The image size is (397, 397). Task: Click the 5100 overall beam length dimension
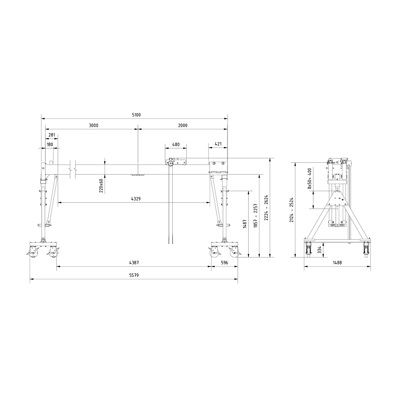tap(136, 115)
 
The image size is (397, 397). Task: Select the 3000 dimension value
tap(94, 125)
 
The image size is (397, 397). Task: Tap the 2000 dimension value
tap(182, 125)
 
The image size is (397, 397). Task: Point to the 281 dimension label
tap(52, 135)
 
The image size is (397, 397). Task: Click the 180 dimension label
tap(50, 145)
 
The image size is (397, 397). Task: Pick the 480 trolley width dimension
tap(176, 145)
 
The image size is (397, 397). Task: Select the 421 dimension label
tap(218, 145)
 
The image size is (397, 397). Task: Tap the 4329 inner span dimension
tap(136, 199)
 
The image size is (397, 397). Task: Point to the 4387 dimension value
tap(134, 263)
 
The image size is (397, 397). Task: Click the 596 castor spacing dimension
tap(224, 263)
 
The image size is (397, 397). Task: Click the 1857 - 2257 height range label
tap(255, 215)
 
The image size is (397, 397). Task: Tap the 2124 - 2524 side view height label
tap(291, 210)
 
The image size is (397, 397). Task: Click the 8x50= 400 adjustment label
tap(310, 179)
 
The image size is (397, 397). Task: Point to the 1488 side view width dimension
tap(337, 263)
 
